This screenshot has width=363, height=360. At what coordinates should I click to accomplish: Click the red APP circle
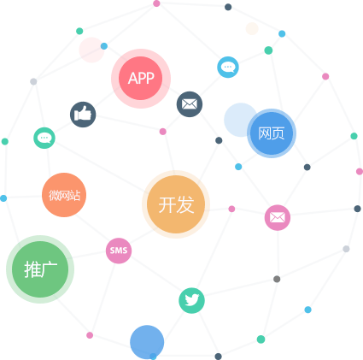(141, 79)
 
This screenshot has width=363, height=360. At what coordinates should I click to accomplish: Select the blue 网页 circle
(272, 133)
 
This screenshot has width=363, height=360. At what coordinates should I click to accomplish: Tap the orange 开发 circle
(176, 204)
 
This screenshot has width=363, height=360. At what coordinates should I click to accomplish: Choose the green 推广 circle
(40, 269)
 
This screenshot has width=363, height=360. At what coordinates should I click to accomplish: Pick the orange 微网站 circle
(64, 195)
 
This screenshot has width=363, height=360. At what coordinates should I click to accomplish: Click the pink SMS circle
(119, 251)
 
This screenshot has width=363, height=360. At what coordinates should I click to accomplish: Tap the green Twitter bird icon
(191, 301)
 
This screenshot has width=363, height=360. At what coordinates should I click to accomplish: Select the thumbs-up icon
(83, 115)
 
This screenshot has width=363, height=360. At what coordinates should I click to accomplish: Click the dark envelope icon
(190, 104)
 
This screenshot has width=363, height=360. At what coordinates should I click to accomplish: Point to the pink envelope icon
(278, 217)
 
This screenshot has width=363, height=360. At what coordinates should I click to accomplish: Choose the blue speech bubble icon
(228, 68)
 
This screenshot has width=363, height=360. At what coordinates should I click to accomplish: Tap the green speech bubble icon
(44, 138)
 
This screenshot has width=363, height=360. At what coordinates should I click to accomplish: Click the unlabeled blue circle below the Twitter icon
(147, 342)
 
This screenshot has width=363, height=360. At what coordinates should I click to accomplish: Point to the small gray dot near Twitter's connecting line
(277, 279)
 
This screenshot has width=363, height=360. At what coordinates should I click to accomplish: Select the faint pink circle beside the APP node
(91, 50)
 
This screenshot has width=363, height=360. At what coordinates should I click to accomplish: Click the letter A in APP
(132, 79)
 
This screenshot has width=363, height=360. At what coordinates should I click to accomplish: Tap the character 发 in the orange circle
(185, 204)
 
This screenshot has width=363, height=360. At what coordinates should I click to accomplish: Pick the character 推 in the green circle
(32, 269)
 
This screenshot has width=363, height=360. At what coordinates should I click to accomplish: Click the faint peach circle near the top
(252, 28)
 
